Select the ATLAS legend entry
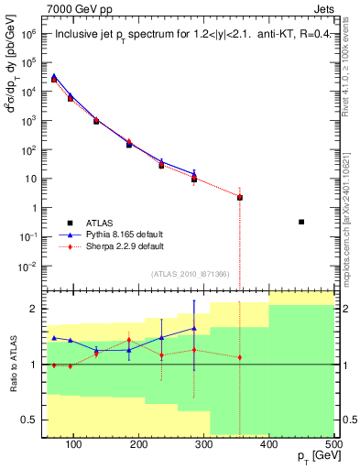101,223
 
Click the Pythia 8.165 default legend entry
120,234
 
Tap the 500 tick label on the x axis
333,444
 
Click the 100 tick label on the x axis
74,444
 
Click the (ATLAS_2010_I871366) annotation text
191,274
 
